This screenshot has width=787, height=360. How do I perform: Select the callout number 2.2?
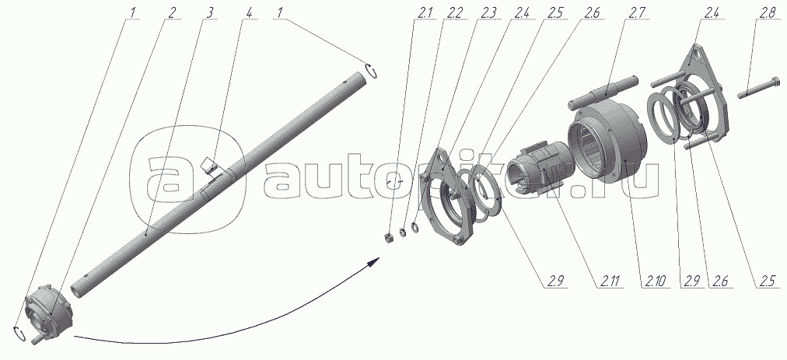point(453,13)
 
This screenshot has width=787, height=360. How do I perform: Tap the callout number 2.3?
point(488,13)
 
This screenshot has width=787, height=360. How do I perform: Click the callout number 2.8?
point(767,13)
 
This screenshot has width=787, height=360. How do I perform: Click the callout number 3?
point(209,13)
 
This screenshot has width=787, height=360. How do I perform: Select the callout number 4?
point(247,13)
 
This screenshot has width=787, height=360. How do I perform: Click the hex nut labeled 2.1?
point(389,237)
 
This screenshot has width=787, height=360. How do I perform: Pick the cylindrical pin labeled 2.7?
point(603,92)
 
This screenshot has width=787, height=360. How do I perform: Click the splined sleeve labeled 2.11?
point(535,163)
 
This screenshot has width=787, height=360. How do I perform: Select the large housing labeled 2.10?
point(607,138)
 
